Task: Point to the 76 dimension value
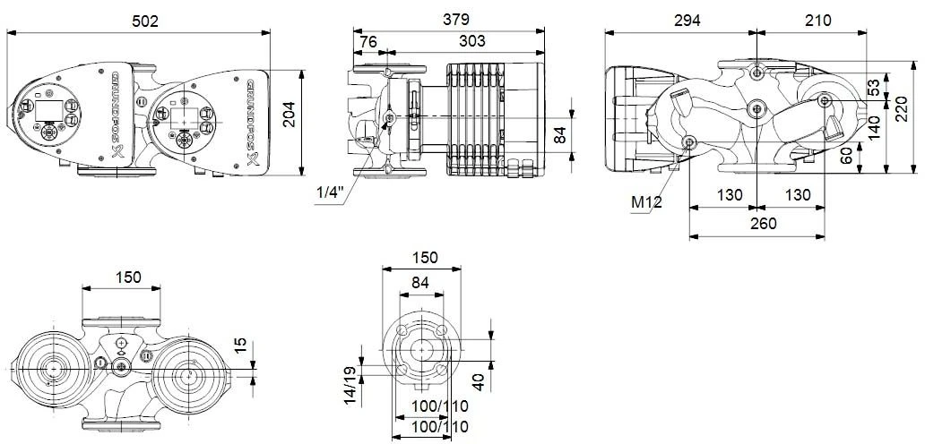tap(367, 41)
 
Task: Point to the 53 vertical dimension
tap(874, 90)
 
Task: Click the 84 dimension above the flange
tap(421, 282)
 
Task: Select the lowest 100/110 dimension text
tap(439, 427)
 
